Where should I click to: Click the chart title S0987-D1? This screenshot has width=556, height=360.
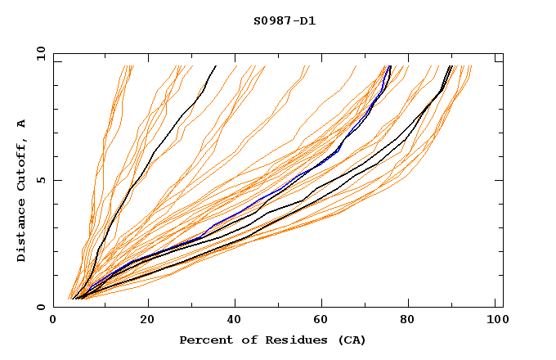click(x=285, y=21)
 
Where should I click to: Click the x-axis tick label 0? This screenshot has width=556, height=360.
click(x=53, y=322)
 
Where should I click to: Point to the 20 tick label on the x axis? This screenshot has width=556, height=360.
click(x=148, y=322)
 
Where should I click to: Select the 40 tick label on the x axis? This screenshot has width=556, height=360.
click(x=236, y=322)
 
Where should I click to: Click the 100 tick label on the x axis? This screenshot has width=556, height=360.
click(x=496, y=322)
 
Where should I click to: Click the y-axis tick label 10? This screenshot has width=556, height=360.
click(x=40, y=53)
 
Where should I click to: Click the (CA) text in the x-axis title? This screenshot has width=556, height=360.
click(x=349, y=340)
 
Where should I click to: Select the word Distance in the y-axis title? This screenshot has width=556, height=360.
click(x=22, y=233)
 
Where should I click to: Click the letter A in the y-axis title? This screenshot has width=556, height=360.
click(x=22, y=124)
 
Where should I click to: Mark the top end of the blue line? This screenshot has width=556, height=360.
click(x=390, y=66)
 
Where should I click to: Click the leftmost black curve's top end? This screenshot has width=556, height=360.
click(x=215, y=66)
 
